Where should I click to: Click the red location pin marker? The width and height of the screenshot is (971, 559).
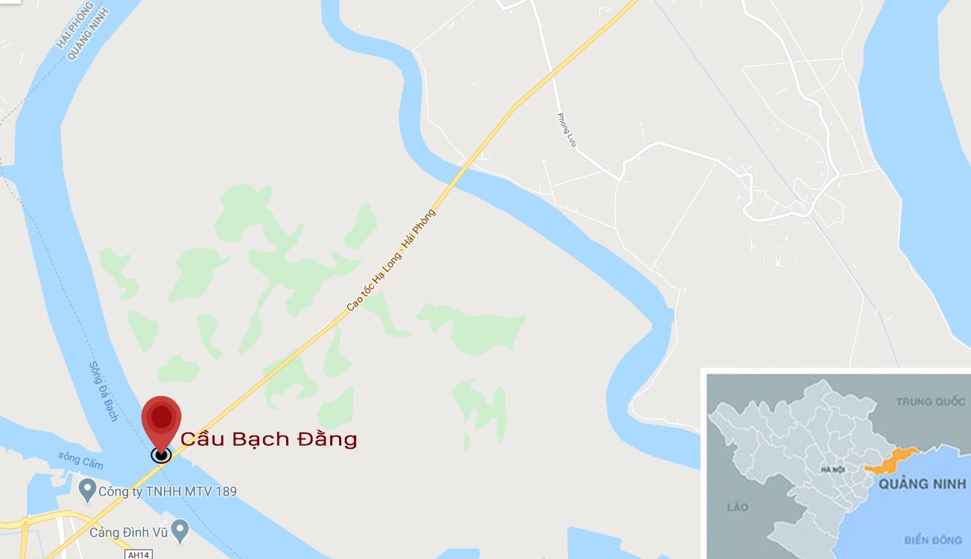click(162, 417)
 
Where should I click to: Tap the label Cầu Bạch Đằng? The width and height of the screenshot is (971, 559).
click(269, 439)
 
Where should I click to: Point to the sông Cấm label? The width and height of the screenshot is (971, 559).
click(80, 460)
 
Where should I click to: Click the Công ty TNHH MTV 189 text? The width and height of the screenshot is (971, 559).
click(168, 491)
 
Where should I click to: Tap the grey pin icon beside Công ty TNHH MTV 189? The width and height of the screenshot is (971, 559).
click(87, 489)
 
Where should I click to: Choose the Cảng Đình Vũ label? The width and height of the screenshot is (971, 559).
click(127, 532)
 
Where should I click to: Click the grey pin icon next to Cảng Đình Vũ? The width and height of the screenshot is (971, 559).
click(179, 531)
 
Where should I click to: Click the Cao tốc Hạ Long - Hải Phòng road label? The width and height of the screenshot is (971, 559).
click(391, 259)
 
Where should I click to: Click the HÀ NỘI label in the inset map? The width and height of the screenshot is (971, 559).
click(831, 470)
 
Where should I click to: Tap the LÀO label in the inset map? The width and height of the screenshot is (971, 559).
click(737, 507)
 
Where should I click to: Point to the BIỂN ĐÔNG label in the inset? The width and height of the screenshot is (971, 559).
click(932, 540)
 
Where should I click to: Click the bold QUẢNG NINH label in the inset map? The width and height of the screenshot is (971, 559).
click(922, 484)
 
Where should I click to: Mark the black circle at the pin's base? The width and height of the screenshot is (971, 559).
click(161, 454)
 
